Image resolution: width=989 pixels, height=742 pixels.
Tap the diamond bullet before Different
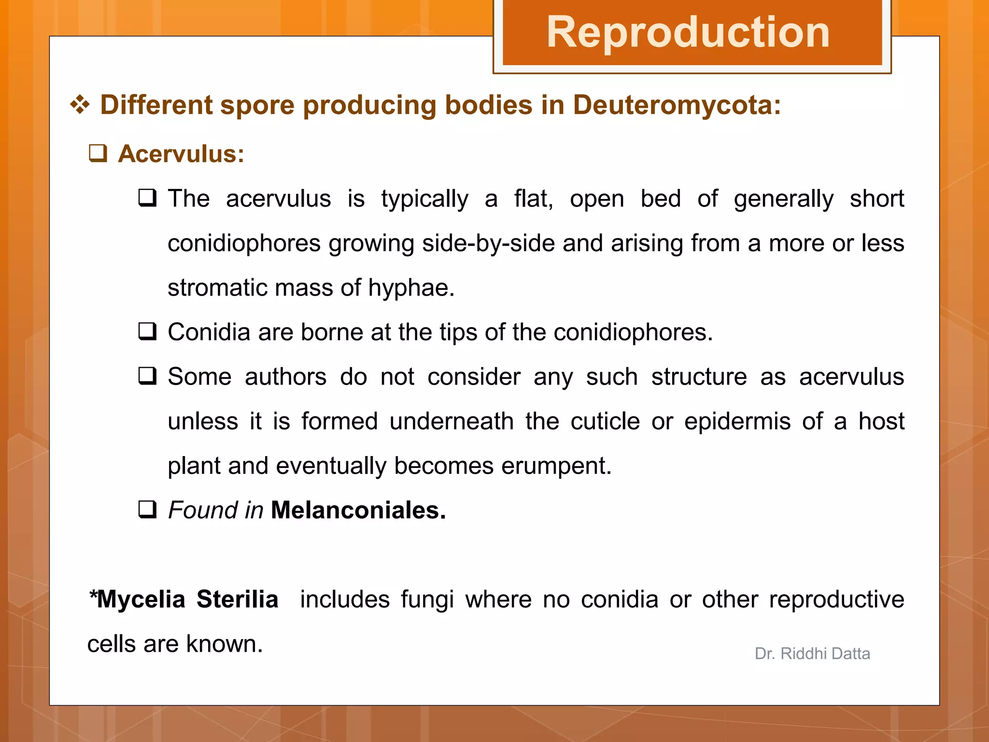pos(80,105)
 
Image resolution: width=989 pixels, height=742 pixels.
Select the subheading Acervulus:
pos(181,154)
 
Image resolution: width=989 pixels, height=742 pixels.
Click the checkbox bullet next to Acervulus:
pos(98,154)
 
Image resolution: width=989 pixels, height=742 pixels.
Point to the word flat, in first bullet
pos(533,199)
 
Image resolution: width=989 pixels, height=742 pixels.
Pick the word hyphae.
pos(411,287)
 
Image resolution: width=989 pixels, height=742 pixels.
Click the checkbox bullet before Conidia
pos(147,332)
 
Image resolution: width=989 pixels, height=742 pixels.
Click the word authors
pos(285,377)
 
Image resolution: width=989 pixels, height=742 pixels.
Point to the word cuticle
pos(605,421)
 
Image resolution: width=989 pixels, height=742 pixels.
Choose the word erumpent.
pos(556,466)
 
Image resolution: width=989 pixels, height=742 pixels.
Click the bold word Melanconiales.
pos(358,510)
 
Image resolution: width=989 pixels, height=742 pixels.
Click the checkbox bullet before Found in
pos(147,510)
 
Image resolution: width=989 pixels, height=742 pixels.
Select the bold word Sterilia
pos(237,599)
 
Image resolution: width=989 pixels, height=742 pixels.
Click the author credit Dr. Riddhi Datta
pos(812,654)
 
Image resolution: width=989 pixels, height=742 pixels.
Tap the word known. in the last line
pos(224,644)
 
